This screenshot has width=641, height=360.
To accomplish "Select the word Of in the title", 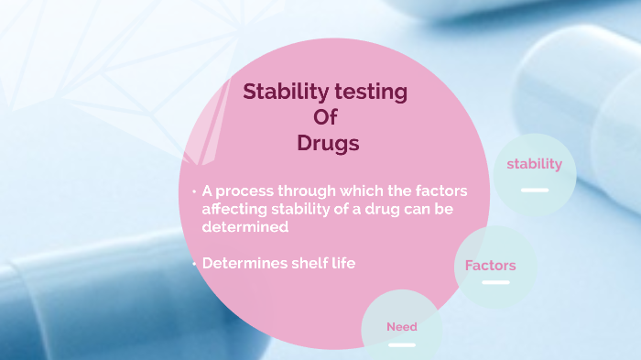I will (327, 118).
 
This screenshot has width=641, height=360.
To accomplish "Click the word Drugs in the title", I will (328, 144).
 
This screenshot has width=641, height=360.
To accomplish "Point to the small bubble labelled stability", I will (535, 173).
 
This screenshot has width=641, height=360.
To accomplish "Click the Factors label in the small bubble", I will (490, 266).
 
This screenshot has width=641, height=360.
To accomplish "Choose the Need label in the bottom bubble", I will (401, 326).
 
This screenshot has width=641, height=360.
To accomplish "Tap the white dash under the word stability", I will (535, 190).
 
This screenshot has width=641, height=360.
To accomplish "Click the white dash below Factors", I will (495, 282).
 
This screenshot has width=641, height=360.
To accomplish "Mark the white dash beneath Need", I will (402, 344).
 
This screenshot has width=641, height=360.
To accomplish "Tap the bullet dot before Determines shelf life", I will (194, 264).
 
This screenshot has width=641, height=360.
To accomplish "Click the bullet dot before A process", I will (194, 191).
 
